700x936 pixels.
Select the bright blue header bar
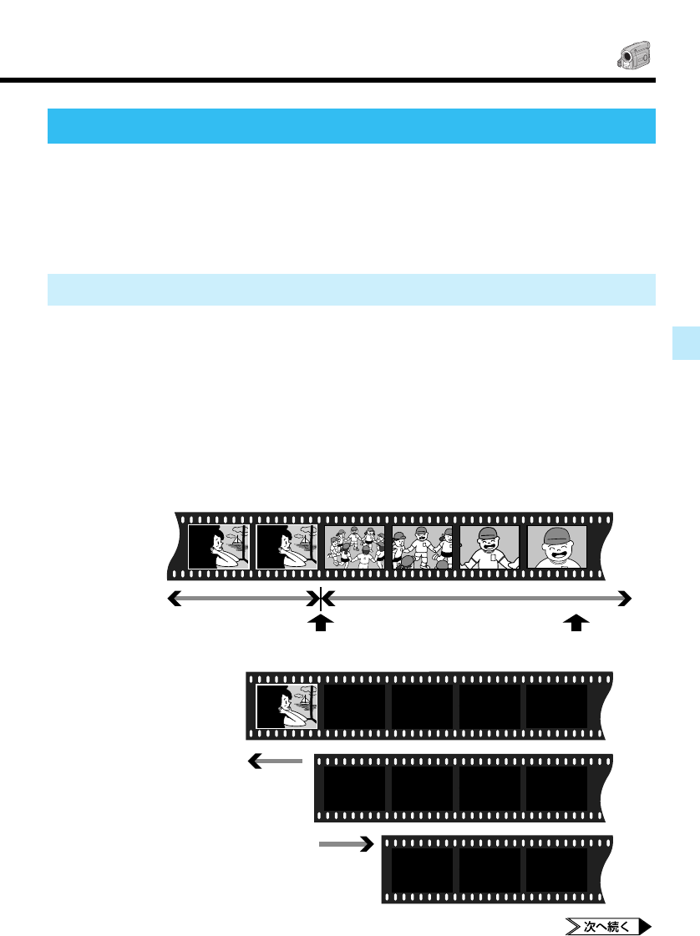click(351, 126)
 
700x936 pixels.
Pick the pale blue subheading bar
click(351, 289)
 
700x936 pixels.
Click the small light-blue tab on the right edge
click(686, 343)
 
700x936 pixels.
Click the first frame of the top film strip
click(218, 547)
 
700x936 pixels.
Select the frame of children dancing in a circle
click(354, 547)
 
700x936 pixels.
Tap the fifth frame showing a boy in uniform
click(489, 547)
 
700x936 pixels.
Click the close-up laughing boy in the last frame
click(557, 547)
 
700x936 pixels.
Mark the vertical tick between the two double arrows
click(321, 598)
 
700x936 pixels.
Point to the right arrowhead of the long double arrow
click(624, 598)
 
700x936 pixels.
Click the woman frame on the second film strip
click(287, 706)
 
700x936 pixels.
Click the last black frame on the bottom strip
click(556, 869)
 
